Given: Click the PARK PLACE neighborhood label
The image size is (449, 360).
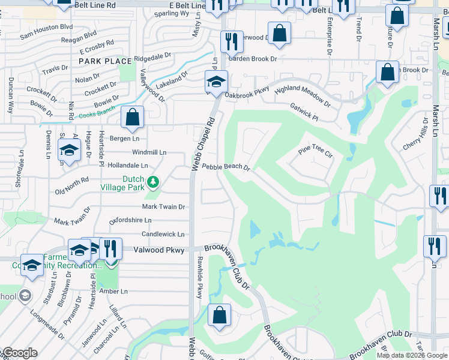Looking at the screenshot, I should pyautogui.click(x=105, y=61).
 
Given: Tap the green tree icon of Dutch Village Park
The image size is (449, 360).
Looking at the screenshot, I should pyautogui.click(x=154, y=181).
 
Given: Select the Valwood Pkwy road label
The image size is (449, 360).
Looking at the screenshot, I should pyautogui.click(x=158, y=248).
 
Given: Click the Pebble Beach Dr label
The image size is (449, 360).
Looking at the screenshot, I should pyautogui.click(x=226, y=167).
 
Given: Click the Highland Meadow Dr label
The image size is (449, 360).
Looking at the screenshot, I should pyautogui.click(x=303, y=95).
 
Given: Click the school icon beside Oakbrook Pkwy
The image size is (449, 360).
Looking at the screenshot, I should pyautogui.click(x=216, y=80).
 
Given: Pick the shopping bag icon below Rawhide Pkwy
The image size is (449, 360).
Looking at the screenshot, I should pyautogui.click(x=220, y=314).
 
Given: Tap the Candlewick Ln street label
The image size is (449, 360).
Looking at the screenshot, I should pyautogui.click(x=163, y=234).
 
